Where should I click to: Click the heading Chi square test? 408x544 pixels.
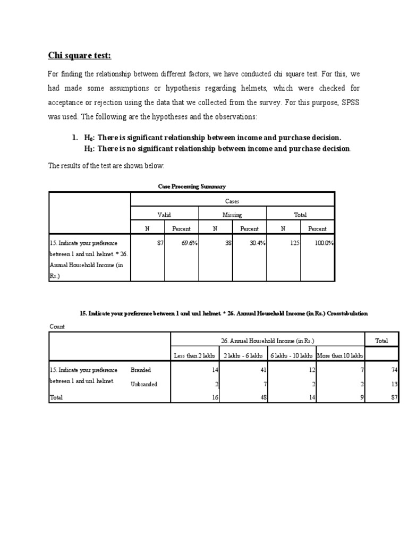[x=80, y=56]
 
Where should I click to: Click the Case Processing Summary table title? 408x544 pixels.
[x=192, y=186]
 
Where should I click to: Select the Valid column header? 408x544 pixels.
[x=164, y=215]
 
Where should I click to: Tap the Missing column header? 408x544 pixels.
[x=232, y=215]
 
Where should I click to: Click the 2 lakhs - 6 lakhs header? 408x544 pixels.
[x=243, y=355]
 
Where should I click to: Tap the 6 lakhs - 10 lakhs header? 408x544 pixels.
[x=291, y=355]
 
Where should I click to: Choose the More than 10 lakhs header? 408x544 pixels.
[x=340, y=355]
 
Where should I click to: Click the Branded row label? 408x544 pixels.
[x=141, y=370]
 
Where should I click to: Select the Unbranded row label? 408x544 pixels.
[x=144, y=384]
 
